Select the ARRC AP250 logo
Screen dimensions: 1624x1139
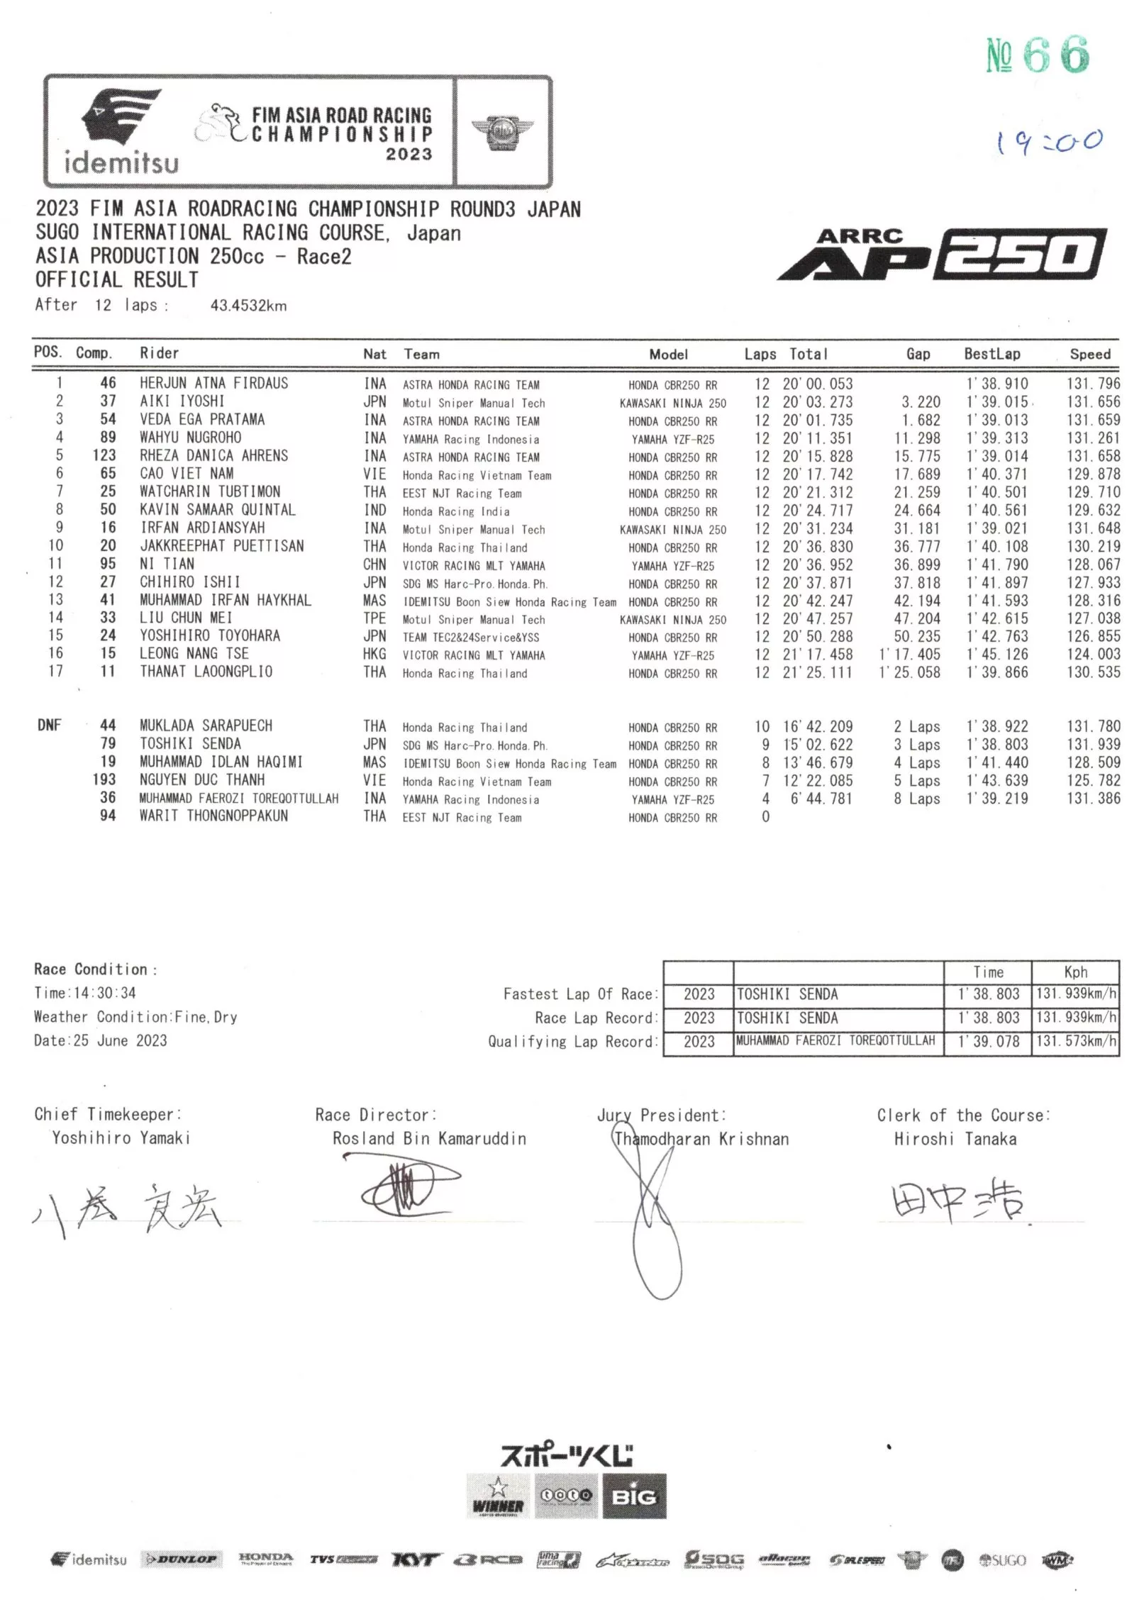coord(943,255)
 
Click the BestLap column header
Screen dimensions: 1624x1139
coord(991,354)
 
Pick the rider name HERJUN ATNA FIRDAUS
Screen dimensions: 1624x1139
coord(213,384)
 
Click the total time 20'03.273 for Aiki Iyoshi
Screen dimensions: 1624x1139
coord(817,402)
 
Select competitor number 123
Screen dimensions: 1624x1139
coord(104,455)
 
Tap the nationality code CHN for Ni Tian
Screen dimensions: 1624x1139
coord(374,564)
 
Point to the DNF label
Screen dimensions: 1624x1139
coord(50,725)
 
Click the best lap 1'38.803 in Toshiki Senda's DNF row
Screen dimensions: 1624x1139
coord(996,744)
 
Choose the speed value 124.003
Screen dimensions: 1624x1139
coord(1094,654)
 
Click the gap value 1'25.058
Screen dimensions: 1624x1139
coord(910,672)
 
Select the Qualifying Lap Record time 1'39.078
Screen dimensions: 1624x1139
coord(988,1041)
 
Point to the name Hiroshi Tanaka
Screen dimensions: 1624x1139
coord(955,1139)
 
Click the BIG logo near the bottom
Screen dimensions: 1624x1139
coord(634,1496)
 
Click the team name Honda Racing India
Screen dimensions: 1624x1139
coord(455,511)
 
